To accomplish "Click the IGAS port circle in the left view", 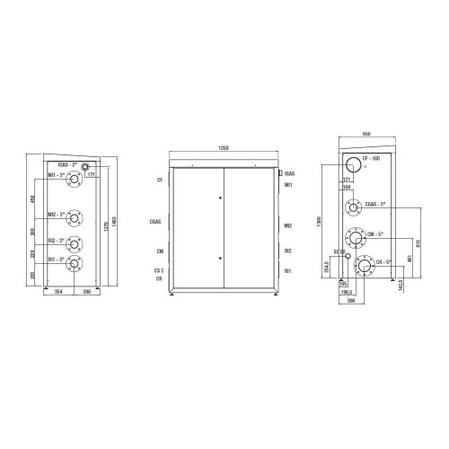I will click(86, 168).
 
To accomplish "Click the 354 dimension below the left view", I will click(58, 293).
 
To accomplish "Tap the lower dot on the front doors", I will click(220, 258).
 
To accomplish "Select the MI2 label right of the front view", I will click(287, 226).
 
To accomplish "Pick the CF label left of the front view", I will click(159, 180).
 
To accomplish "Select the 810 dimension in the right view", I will click(419, 242).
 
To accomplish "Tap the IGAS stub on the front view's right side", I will click(281, 172).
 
